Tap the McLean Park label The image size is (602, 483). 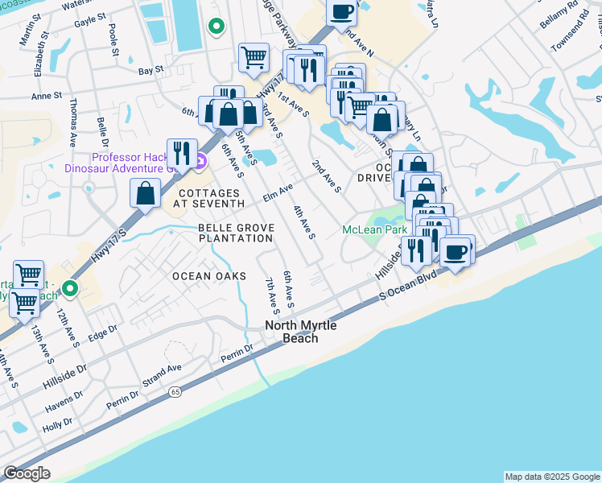tap(374, 230)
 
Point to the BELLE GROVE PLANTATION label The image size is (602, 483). tap(236, 233)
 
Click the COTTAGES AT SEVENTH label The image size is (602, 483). tap(208, 199)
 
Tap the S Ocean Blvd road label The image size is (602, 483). tap(413, 285)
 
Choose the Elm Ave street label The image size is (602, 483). tap(278, 192)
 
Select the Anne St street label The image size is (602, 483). tap(46, 96)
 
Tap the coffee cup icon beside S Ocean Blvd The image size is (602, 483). tap(456, 251)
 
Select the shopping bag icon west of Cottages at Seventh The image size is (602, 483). tap(145, 193)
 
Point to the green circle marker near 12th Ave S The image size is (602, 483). tap(71, 287)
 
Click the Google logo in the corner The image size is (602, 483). tap(27, 473)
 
